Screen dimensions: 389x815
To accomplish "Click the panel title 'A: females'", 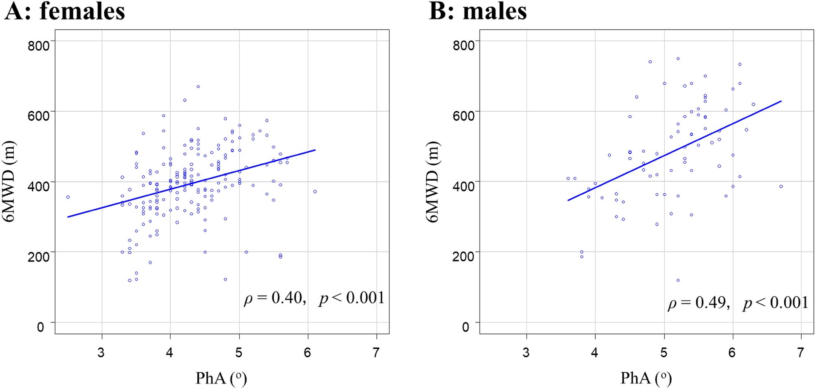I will (65, 11).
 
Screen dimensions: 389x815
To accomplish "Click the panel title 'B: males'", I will (478, 11).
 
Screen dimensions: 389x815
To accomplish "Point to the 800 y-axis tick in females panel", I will (39, 45).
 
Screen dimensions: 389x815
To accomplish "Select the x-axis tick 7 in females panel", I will (376, 352).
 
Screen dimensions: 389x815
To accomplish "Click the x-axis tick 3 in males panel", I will (526, 352).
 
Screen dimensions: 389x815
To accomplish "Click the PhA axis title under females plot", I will (221, 378).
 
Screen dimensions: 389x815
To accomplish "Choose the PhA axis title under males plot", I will (646, 378).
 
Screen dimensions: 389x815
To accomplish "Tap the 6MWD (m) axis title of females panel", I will (9, 182).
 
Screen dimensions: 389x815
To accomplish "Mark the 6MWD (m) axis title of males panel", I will (433, 182).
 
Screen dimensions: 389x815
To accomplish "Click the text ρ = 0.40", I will (275, 298).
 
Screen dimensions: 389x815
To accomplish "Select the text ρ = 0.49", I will (699, 303).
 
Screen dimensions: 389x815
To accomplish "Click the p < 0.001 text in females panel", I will (352, 298).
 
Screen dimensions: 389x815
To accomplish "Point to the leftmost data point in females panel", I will (68, 197).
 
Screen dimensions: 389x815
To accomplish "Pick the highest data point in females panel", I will (198, 86).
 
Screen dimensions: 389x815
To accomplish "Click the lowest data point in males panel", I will (678, 280).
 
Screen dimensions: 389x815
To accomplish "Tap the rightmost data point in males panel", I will (781, 187).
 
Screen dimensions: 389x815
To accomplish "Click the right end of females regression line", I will (315, 150).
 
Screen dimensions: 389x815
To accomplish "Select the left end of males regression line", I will (568, 200).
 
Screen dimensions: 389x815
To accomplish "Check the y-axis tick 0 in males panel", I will (465, 327).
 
